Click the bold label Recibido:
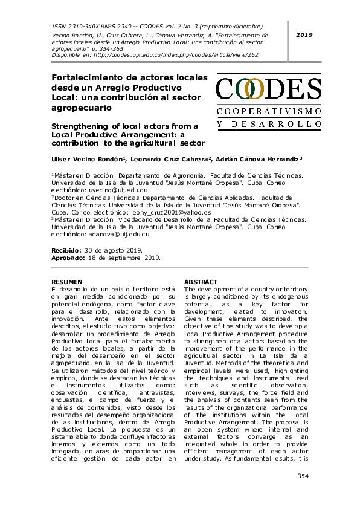coord(66,250)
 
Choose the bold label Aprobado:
coord(67,257)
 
